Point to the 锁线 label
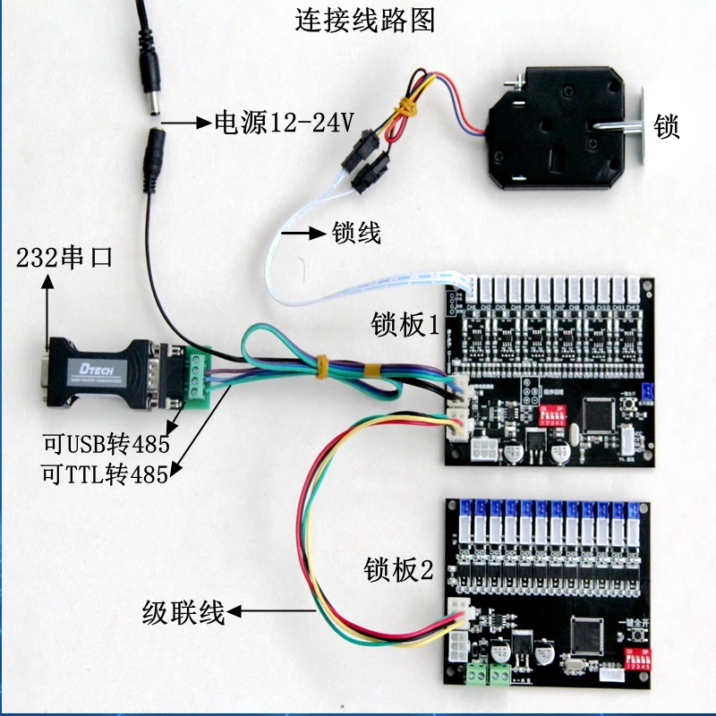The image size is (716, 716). (x=356, y=234)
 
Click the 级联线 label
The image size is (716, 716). (x=183, y=613)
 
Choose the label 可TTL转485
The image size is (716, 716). (x=105, y=474)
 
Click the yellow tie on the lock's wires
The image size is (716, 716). (x=408, y=107)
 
